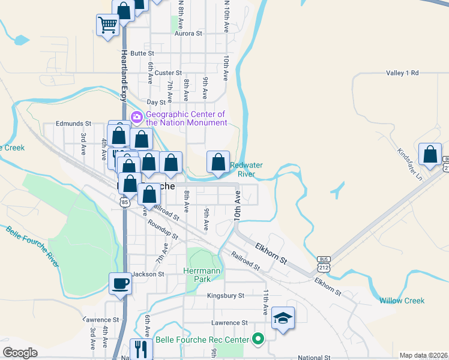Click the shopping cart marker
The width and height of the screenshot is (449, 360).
(108, 25)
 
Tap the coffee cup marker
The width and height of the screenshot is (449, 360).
(120, 283)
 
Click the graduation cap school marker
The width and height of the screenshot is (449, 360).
(283, 317)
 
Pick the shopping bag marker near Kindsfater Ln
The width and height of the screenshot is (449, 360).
(430, 154)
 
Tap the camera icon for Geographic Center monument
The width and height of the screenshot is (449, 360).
(137, 116)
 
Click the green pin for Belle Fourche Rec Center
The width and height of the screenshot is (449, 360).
(259, 340)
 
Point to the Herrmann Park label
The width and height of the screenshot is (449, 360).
(202, 275)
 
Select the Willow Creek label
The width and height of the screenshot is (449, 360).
(402, 301)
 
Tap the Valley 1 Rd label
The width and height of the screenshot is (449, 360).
(402, 73)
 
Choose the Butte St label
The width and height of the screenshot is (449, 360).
(142, 53)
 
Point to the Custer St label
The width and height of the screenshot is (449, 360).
(169, 73)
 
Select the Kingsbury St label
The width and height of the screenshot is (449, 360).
(225, 296)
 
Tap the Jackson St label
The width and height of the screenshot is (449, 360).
(148, 274)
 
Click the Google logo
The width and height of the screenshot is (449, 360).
(20, 353)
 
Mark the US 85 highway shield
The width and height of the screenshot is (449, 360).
(124, 203)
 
